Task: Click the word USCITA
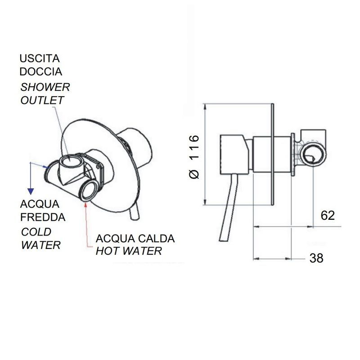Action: pyautogui.click(x=40, y=58)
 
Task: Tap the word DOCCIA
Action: pyautogui.click(x=40, y=71)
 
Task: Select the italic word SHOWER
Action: pyautogui.click(x=45, y=87)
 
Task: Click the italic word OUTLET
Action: pyautogui.click(x=42, y=100)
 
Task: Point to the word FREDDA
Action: pyautogui.click(x=43, y=217)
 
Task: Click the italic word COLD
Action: pyautogui.click(x=36, y=232)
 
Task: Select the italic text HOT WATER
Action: pyautogui.click(x=129, y=251)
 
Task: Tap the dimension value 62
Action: pyautogui.click(x=328, y=215)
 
